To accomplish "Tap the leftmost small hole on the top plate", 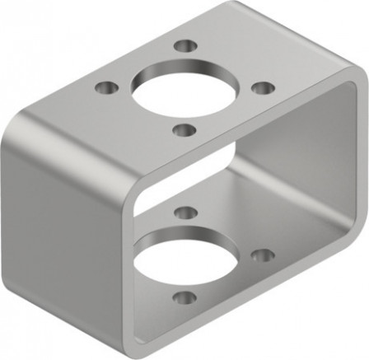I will (x=105, y=86).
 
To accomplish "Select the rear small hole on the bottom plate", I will (x=186, y=213).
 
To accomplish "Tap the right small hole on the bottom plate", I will (x=261, y=256).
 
